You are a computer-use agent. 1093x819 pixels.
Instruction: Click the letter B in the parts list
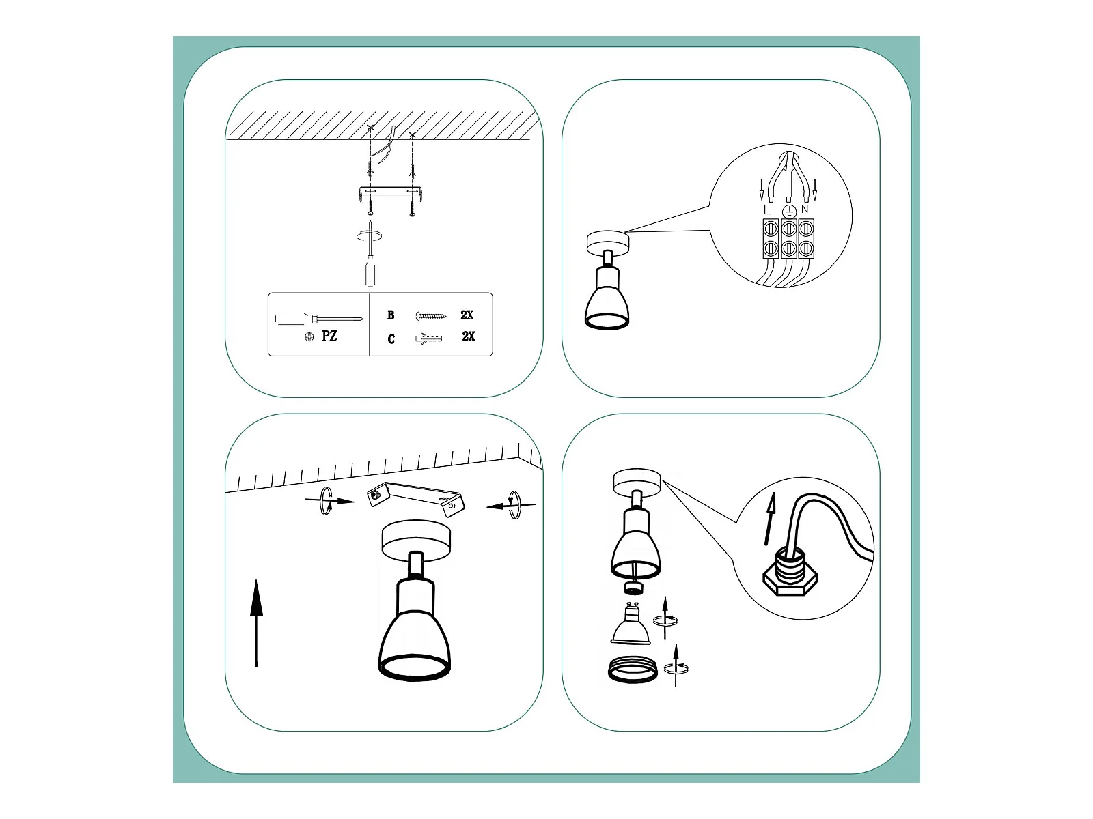pyautogui.click(x=390, y=315)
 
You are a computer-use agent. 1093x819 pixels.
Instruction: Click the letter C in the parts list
pyautogui.click(x=391, y=339)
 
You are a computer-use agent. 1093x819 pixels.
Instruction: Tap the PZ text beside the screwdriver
pyautogui.click(x=329, y=336)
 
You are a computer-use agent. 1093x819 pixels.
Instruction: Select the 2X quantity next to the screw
pyautogui.click(x=467, y=315)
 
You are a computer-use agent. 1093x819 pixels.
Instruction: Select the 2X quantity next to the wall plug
pyautogui.click(x=468, y=336)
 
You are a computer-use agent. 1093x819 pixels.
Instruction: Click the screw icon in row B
pyautogui.click(x=431, y=315)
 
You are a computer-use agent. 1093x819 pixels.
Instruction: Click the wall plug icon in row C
pyautogui.click(x=428, y=339)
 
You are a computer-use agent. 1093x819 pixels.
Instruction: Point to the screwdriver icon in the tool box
pyautogui.click(x=319, y=318)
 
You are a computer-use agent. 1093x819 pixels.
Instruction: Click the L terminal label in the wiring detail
pyautogui.click(x=767, y=210)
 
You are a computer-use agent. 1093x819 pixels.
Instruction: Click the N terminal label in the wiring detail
pyautogui.click(x=805, y=210)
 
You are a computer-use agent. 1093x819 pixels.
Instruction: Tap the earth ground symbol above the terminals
pyautogui.click(x=789, y=211)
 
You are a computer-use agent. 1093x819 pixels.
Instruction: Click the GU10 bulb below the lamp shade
pyautogui.click(x=631, y=624)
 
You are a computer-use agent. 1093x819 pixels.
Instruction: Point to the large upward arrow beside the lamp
pyautogui.click(x=256, y=623)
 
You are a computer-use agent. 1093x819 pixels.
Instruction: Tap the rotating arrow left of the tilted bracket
pyautogui.click(x=329, y=500)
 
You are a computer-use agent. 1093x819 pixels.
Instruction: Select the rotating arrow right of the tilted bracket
pyautogui.click(x=512, y=505)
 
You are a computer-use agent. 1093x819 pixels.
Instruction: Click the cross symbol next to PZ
pyautogui.click(x=309, y=337)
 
